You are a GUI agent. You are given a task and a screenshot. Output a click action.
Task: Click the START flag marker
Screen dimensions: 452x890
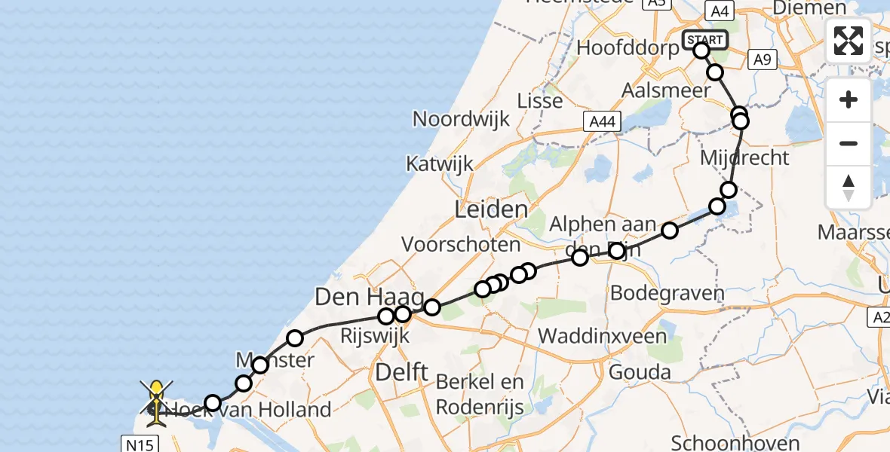click(705, 39)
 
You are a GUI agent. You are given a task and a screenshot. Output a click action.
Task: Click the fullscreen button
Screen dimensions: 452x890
click(849, 41)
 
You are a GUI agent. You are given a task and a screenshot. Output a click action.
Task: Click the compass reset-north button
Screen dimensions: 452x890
click(849, 188)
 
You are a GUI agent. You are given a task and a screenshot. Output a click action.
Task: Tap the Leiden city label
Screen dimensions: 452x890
click(490, 209)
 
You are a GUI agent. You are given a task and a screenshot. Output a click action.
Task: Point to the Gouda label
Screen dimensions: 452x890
click(640, 372)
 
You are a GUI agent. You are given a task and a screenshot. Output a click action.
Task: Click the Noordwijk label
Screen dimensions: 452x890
click(461, 119)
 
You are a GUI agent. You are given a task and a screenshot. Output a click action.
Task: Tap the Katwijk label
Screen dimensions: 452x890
click(439, 163)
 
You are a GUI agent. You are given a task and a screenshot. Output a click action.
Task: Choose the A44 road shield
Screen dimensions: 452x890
click(602, 121)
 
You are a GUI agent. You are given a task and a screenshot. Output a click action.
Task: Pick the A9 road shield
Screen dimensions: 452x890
click(763, 60)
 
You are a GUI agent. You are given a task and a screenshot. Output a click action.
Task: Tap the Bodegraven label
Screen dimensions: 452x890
click(667, 293)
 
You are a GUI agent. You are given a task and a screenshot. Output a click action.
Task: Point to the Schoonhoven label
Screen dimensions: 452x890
click(724, 442)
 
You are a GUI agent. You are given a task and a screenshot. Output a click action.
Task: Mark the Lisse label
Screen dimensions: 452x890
click(540, 100)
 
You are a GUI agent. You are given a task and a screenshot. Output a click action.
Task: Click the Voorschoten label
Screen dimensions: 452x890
click(461, 244)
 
